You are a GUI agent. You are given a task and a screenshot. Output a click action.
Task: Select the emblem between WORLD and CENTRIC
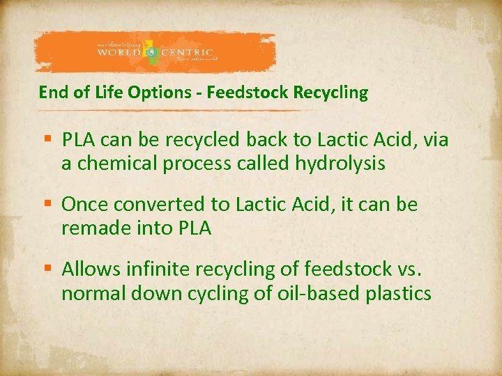152,52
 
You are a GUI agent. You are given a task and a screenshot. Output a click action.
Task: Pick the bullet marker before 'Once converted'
48,205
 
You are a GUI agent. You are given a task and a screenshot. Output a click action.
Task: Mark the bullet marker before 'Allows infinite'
48,269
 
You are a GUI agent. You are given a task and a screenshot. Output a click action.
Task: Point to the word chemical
112,164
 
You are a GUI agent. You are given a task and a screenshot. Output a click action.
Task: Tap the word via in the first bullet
436,141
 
